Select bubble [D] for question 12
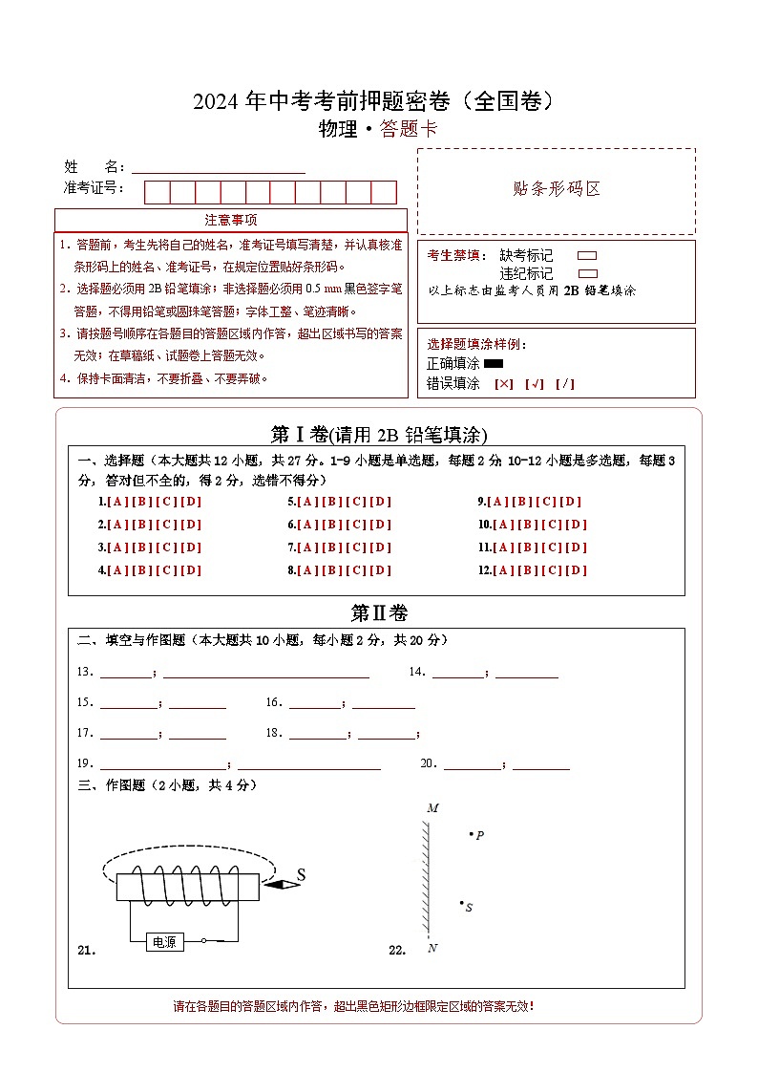point(576,570)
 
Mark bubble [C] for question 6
point(357,525)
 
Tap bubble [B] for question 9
point(522,502)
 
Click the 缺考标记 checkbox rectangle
point(588,256)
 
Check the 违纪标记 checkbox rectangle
point(588,273)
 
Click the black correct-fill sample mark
point(494,363)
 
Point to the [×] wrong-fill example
point(504,384)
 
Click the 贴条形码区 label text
point(557,189)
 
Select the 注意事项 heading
point(231,221)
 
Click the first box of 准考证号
point(157,192)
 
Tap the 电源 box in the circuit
point(164,942)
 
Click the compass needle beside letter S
point(282,885)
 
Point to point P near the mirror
point(472,834)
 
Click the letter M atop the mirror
point(432,808)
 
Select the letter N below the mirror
point(432,948)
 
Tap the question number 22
point(397,950)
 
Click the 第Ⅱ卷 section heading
point(379,613)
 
